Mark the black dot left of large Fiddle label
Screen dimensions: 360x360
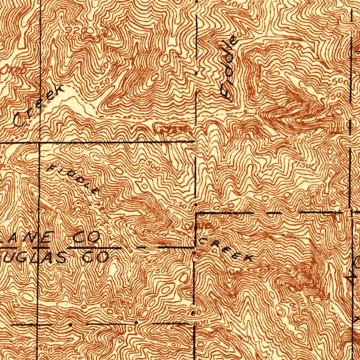[x=196, y=73]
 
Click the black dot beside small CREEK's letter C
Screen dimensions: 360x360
[x=194, y=252]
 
